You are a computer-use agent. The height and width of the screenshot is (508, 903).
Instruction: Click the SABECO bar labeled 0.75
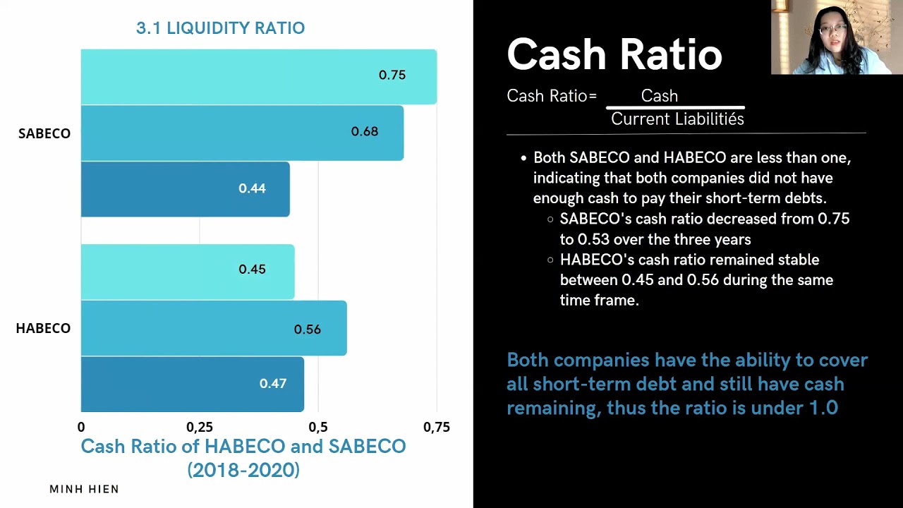pyautogui.click(x=258, y=76)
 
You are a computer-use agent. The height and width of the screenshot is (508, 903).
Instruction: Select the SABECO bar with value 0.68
pyautogui.click(x=242, y=133)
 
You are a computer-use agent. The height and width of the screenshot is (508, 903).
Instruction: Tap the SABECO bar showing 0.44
pyautogui.click(x=185, y=189)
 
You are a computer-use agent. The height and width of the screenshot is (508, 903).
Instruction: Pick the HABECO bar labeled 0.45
pyautogui.click(x=187, y=272)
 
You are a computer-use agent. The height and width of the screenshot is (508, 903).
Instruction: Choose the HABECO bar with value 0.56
pyautogui.click(x=213, y=328)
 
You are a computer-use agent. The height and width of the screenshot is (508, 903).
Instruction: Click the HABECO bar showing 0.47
pyautogui.click(x=192, y=384)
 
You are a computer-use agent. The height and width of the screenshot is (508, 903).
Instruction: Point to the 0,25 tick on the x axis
pyautogui.click(x=200, y=427)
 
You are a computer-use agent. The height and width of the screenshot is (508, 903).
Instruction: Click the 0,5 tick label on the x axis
pyautogui.click(x=318, y=427)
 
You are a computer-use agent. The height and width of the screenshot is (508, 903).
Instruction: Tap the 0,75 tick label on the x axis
pyautogui.click(x=436, y=427)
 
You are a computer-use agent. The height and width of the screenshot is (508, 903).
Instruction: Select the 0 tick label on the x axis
pyautogui.click(x=81, y=427)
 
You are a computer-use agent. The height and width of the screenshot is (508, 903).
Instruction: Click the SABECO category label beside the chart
pyautogui.click(x=44, y=133)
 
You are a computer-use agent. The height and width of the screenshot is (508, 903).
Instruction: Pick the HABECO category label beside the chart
pyautogui.click(x=43, y=328)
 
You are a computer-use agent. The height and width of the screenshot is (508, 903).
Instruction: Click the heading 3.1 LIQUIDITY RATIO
pyautogui.click(x=220, y=28)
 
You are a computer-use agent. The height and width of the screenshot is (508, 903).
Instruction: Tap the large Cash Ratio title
pyautogui.click(x=614, y=54)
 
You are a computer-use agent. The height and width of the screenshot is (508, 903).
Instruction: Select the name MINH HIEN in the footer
pyautogui.click(x=84, y=489)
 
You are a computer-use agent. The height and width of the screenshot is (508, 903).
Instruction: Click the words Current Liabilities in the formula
pyautogui.click(x=677, y=119)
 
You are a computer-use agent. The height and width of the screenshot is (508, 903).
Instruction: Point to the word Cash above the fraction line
pyautogui.click(x=659, y=96)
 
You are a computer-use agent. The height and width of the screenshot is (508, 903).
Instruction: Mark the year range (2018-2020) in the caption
pyautogui.click(x=243, y=469)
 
